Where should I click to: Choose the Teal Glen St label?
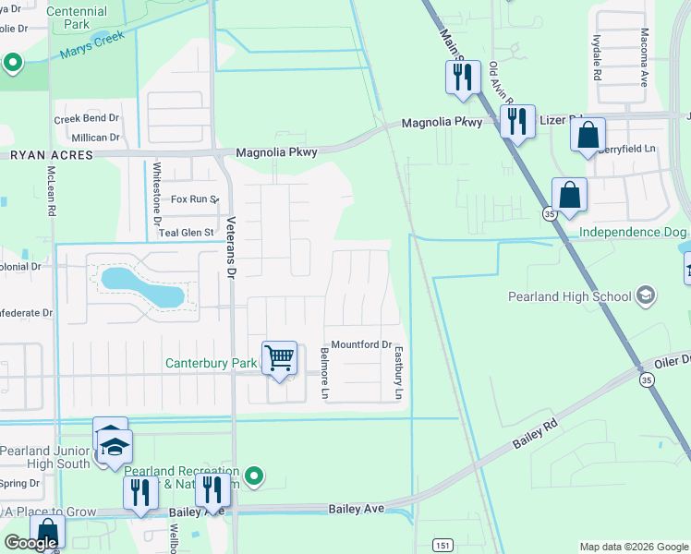[186, 233]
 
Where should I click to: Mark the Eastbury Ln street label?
[399, 373]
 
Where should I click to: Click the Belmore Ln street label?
[324, 373]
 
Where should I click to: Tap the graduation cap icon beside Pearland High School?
[646, 296]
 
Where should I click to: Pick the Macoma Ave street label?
[644, 54]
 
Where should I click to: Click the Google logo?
[30, 543]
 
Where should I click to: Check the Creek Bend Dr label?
[87, 119]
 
